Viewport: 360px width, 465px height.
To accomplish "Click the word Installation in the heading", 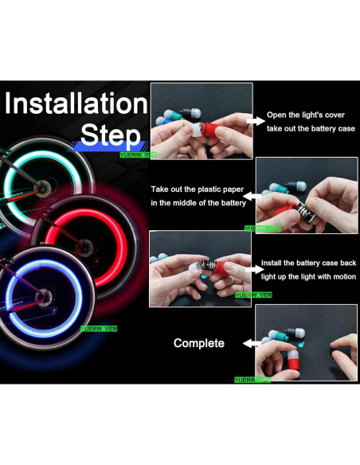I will (x=76, y=104).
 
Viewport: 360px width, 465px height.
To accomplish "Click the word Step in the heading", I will (x=103, y=132).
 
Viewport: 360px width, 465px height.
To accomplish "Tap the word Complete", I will (x=199, y=343).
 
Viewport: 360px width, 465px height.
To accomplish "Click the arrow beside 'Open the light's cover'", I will (x=256, y=121).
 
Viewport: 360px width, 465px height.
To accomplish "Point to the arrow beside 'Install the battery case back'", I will (x=252, y=269).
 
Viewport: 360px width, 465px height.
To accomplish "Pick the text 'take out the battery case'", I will (x=311, y=128).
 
